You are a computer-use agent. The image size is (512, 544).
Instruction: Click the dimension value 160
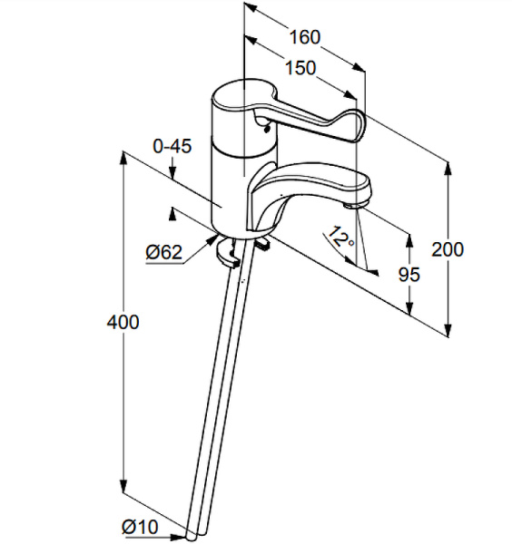tap(305, 37)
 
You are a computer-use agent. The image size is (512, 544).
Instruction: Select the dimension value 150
tap(300, 68)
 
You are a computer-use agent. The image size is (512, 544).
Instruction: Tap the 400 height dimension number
tap(123, 322)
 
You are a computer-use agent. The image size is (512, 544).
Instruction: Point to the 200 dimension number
tap(448, 249)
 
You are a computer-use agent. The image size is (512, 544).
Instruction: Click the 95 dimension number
tap(409, 275)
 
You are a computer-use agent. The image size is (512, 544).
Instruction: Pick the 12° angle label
tap(341, 237)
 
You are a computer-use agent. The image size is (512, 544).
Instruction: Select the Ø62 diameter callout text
tap(164, 252)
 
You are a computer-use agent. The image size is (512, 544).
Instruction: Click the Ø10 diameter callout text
tap(140, 527)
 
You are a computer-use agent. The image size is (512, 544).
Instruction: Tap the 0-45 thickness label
tap(172, 146)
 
